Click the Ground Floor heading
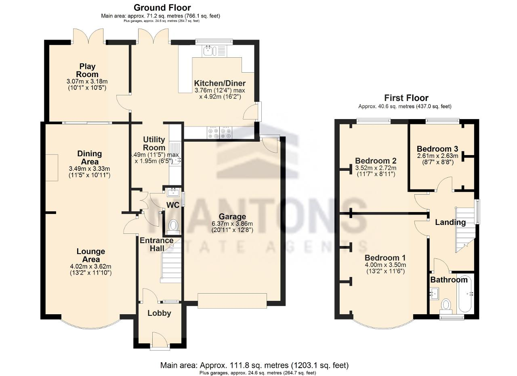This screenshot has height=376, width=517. click(162, 8)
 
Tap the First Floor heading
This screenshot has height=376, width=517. click(406, 98)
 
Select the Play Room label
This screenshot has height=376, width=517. click(87, 70)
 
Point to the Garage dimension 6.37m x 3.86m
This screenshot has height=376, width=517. click(232, 224)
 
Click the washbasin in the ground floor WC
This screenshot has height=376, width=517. click(174, 192)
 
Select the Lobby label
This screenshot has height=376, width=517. click(159, 313)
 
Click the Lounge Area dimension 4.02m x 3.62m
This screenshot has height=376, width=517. click(91, 267)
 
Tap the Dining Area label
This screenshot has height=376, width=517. click(90, 158)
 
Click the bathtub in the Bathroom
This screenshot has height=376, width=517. click(466, 293)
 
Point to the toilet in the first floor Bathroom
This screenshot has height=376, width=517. click(446, 306)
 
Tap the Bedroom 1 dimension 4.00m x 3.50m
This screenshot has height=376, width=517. click(385, 265)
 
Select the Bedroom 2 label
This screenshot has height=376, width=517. click(376, 161)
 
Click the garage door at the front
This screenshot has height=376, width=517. click(232, 301)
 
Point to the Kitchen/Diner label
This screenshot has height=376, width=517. click(220, 83)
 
